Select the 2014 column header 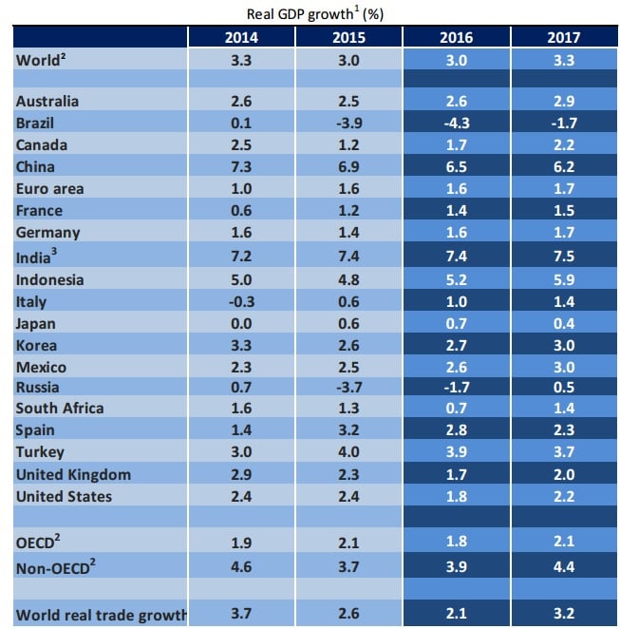pos(241,38)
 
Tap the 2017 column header pos(564,38)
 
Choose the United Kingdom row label pos(74,474)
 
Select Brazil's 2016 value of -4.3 pos(457,123)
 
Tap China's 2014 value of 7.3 pos(241,166)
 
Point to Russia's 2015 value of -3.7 pos(348,387)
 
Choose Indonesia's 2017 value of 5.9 pos(564,279)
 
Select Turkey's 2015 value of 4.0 pos(348,452)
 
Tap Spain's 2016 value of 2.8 pos(457,430)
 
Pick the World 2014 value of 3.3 pos(241,60)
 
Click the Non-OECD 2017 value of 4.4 pos(564,569)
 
